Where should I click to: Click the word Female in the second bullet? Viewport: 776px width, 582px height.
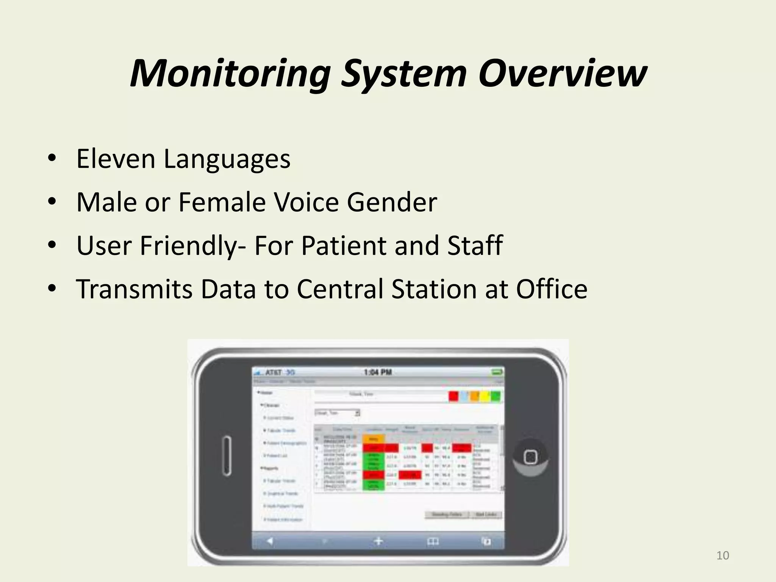222,202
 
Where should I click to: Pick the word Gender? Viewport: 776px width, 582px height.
392,202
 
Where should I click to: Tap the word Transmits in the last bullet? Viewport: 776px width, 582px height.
134,289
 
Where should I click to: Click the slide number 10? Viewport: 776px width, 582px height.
723,555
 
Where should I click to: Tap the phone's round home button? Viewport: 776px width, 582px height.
530,457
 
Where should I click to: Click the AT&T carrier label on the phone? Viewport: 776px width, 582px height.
273,372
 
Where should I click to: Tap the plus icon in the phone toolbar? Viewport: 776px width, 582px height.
378,541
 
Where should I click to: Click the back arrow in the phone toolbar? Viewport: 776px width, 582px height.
269,541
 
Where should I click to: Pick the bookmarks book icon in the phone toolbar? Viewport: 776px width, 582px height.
433,541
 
